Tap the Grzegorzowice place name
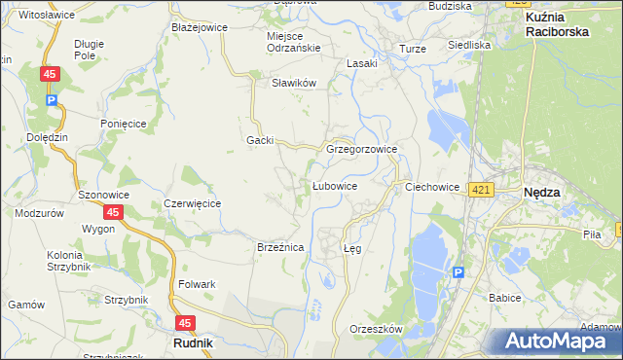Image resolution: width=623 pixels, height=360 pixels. (361, 150)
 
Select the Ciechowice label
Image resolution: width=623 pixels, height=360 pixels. (430, 187)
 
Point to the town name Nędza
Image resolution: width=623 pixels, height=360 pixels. (541, 193)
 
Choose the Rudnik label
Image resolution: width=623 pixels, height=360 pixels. (192, 343)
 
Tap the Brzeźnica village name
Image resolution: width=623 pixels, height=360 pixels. (280, 248)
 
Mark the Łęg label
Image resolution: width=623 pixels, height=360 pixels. (353, 249)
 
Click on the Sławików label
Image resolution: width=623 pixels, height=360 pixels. (294, 83)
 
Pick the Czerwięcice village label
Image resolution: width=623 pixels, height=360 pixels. (193, 203)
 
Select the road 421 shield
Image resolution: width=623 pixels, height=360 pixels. (482, 190)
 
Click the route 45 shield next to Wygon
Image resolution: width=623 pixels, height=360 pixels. (114, 211)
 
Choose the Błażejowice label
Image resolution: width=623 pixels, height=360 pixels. (199, 27)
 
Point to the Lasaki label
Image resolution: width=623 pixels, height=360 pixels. (363, 64)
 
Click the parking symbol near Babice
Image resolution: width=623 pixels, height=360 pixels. (458, 273)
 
